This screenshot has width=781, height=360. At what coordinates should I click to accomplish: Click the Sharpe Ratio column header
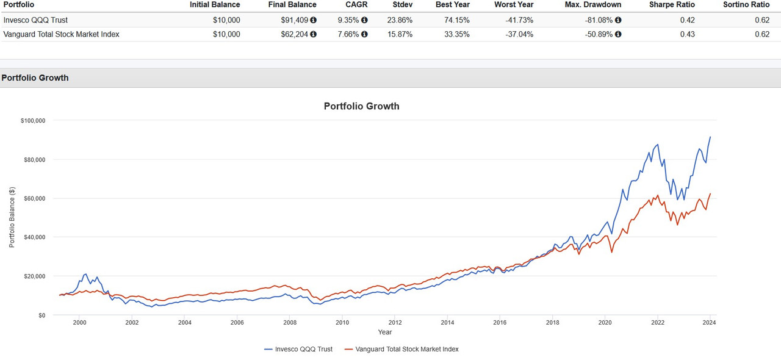(672, 4)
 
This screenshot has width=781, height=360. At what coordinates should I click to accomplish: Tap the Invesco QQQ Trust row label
(35, 20)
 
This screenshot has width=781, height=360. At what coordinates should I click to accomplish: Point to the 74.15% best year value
(457, 20)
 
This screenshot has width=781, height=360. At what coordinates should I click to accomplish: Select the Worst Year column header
(514, 4)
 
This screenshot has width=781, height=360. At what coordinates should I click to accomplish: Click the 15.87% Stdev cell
(400, 34)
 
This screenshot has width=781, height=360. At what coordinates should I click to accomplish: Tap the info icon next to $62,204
(314, 34)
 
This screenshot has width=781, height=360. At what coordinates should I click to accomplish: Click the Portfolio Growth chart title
(361, 106)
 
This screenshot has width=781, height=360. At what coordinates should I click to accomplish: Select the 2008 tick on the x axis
(290, 323)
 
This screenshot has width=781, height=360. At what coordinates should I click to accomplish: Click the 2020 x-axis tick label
(605, 323)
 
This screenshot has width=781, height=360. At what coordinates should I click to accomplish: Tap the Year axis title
(384, 332)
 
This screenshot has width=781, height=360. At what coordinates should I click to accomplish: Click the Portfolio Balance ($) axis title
(12, 218)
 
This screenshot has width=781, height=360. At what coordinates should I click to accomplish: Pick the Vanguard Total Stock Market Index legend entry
(401, 349)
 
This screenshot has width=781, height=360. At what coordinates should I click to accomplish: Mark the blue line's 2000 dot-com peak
(85, 274)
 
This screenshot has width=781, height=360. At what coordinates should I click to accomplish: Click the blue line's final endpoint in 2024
(710, 137)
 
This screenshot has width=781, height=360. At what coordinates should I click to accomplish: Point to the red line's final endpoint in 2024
(710, 193)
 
